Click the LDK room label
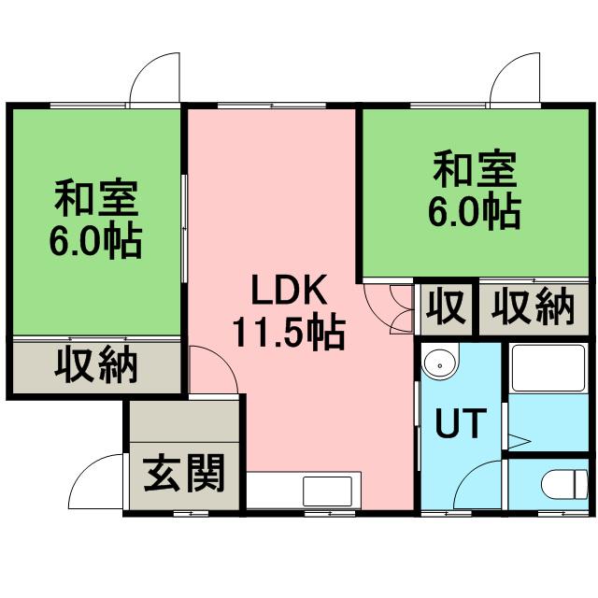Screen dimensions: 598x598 pyautogui.click(x=289, y=290)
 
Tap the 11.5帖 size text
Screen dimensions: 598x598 pyautogui.click(x=289, y=333)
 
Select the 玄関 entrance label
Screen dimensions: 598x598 pyautogui.click(x=184, y=473)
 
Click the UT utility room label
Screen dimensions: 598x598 pyautogui.click(x=461, y=423)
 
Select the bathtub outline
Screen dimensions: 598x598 pyautogui.click(x=548, y=368)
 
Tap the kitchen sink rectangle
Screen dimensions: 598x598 pyautogui.click(x=327, y=491)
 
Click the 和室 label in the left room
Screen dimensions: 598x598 pyautogui.click(x=96, y=197)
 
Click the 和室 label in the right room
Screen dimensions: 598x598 pyautogui.click(x=475, y=169)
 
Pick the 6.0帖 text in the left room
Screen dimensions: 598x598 pyautogui.click(x=96, y=241)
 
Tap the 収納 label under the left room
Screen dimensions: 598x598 pyautogui.click(x=96, y=365)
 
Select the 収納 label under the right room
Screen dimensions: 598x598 pyautogui.click(x=533, y=308)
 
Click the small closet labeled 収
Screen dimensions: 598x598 pyautogui.click(x=446, y=308)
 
